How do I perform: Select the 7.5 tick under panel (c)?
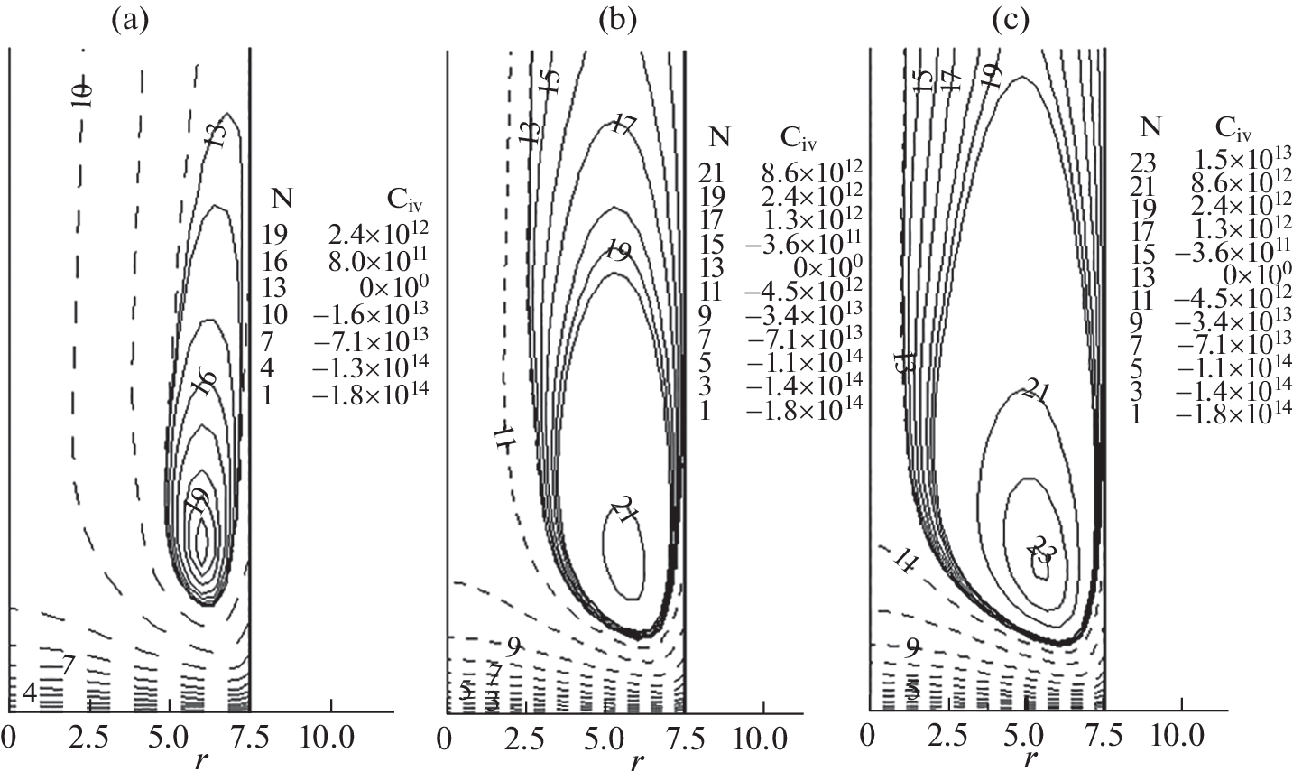(x=1104, y=731)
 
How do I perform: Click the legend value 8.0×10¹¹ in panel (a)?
(x=377, y=259)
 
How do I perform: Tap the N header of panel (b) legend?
(x=719, y=135)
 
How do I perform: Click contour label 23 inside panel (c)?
(x=1040, y=551)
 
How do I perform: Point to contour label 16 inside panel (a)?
(x=204, y=383)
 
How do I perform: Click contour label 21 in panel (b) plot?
(x=624, y=510)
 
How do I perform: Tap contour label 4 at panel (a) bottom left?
(x=29, y=693)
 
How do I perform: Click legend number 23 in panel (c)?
(x=1142, y=161)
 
